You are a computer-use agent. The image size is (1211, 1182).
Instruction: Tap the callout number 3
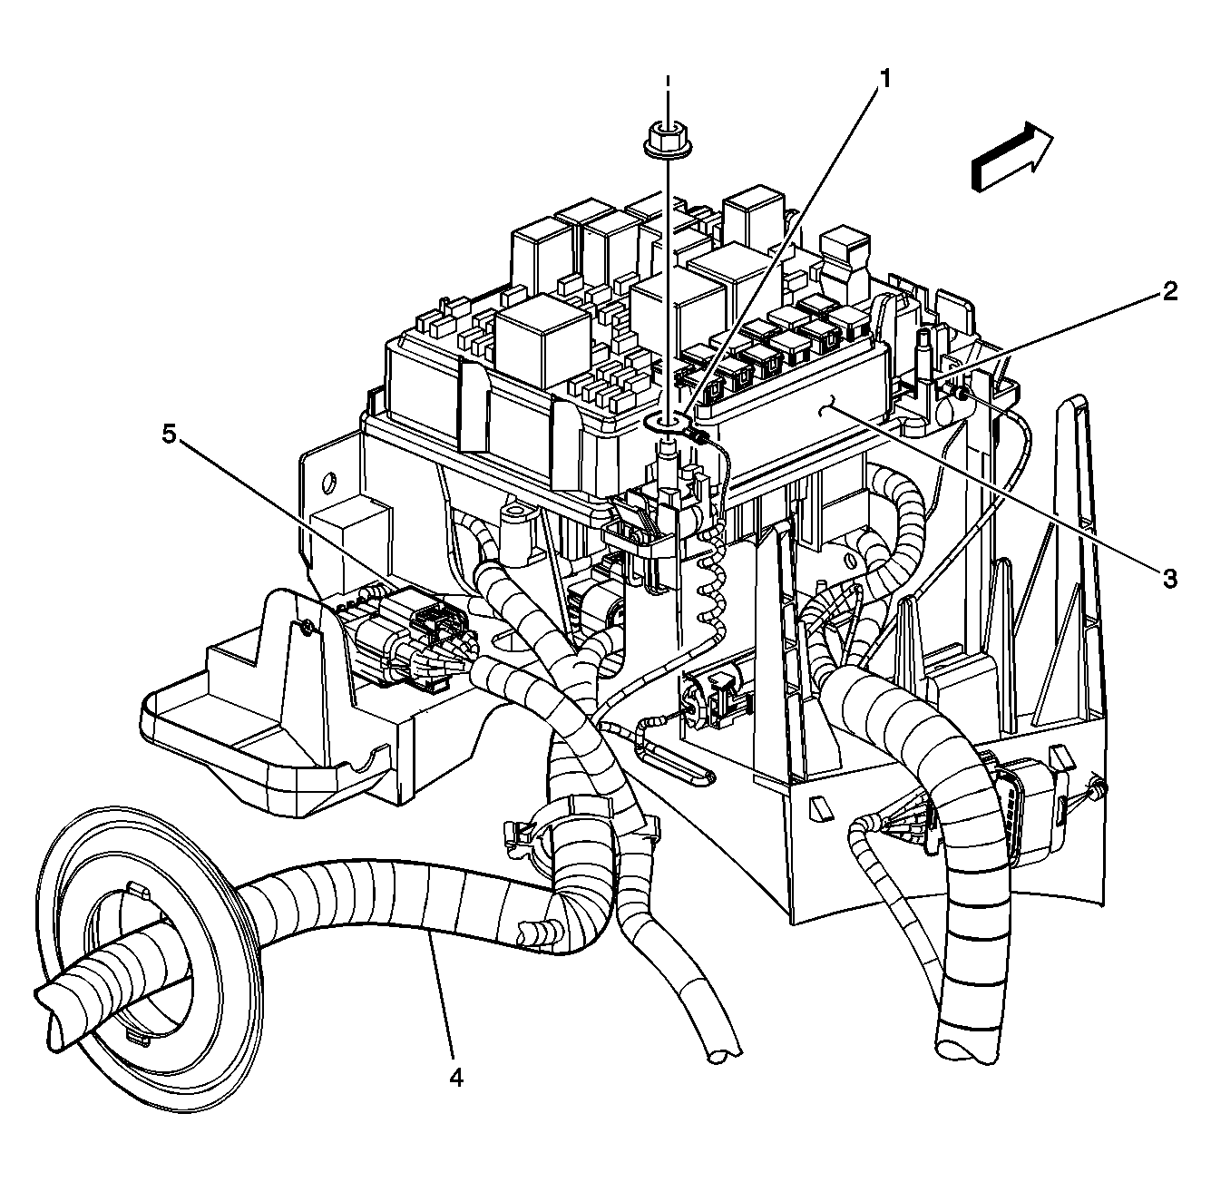click(x=1170, y=578)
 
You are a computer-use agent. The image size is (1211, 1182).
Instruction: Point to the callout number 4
click(x=456, y=1077)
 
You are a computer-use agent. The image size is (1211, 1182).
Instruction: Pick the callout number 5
click(x=170, y=435)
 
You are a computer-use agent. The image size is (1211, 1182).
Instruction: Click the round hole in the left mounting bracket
click(x=330, y=478)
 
